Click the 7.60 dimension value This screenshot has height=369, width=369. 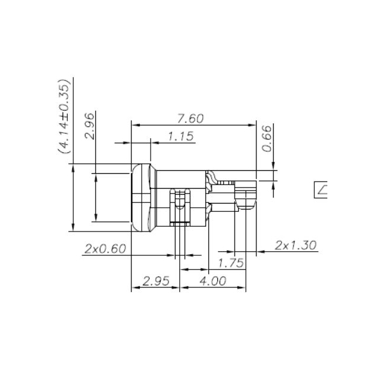[190, 118]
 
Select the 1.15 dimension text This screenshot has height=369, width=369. [180, 136]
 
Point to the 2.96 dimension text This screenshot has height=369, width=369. [89, 126]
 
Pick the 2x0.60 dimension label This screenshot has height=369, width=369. [105, 249]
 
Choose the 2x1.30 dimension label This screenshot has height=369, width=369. [296, 245]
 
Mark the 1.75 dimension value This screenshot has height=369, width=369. [231, 262]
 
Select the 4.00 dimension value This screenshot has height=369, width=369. [213, 281]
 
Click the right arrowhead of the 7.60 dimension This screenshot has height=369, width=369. [252, 125]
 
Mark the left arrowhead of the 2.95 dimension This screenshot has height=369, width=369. [135, 287]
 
